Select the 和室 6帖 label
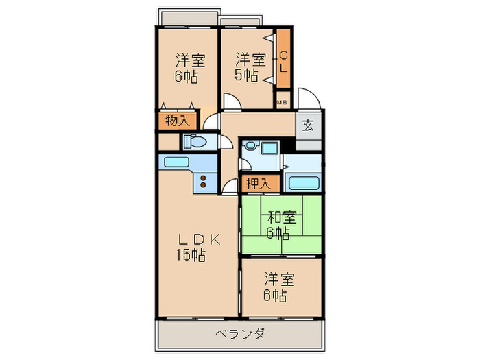[281, 225]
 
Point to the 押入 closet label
[259, 183]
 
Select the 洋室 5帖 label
[248, 67]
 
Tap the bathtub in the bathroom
[302, 182]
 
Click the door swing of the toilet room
[224, 143]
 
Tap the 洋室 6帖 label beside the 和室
[279, 288]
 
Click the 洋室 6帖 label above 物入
[186, 67]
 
